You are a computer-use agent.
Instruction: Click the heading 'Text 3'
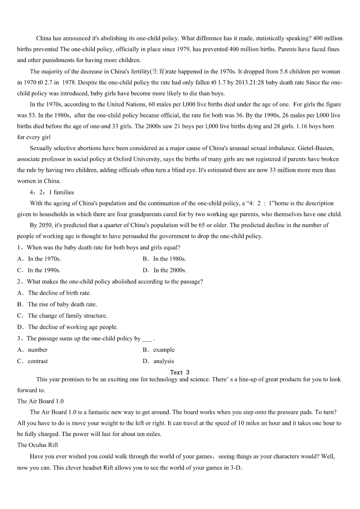[x=180, y=372]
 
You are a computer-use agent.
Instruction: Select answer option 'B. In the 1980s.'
[x=165, y=259]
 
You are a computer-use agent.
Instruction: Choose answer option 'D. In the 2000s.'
[x=165, y=270]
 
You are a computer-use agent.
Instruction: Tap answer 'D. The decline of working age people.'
[x=68, y=327]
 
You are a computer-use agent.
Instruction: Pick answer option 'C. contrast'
[x=32, y=361]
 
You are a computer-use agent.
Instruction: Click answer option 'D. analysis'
[x=158, y=361]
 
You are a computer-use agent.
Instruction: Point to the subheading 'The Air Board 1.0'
[x=40, y=401]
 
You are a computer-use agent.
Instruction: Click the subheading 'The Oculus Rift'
[x=38, y=445]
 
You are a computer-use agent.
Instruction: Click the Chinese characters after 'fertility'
[x=158, y=71]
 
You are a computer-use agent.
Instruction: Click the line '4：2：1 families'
[x=52, y=192]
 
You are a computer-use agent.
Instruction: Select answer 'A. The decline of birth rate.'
[x=54, y=293]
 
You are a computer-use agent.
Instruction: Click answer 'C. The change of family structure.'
[x=63, y=315]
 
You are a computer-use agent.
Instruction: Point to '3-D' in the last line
[x=234, y=468]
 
